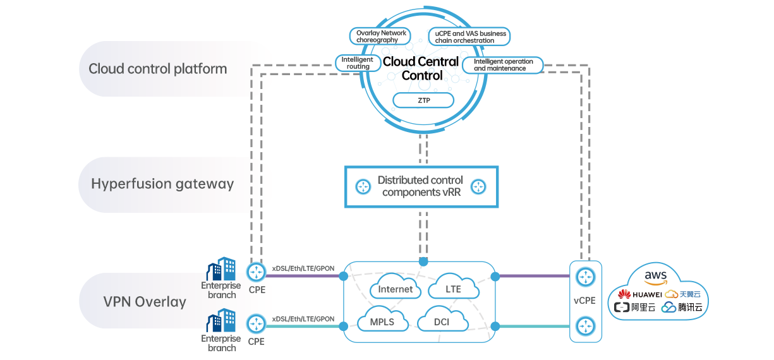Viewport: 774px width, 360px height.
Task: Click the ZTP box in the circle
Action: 423,100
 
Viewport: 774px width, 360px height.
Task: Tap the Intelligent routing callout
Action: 358,63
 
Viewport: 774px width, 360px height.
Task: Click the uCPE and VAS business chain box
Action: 469,37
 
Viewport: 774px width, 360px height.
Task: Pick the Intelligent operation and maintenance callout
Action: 502,64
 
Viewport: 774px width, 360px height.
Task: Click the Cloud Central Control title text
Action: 421,68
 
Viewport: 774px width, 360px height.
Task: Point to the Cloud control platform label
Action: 157,69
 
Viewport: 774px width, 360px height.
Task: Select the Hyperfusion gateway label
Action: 162,184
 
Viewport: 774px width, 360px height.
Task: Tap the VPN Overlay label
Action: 145,302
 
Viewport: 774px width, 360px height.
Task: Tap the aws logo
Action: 656,277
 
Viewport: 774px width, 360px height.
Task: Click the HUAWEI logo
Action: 640,294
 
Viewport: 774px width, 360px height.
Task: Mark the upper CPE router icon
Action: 256,272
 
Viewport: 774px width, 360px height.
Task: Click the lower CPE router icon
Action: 256,323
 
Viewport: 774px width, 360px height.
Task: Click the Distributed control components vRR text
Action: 420,186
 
